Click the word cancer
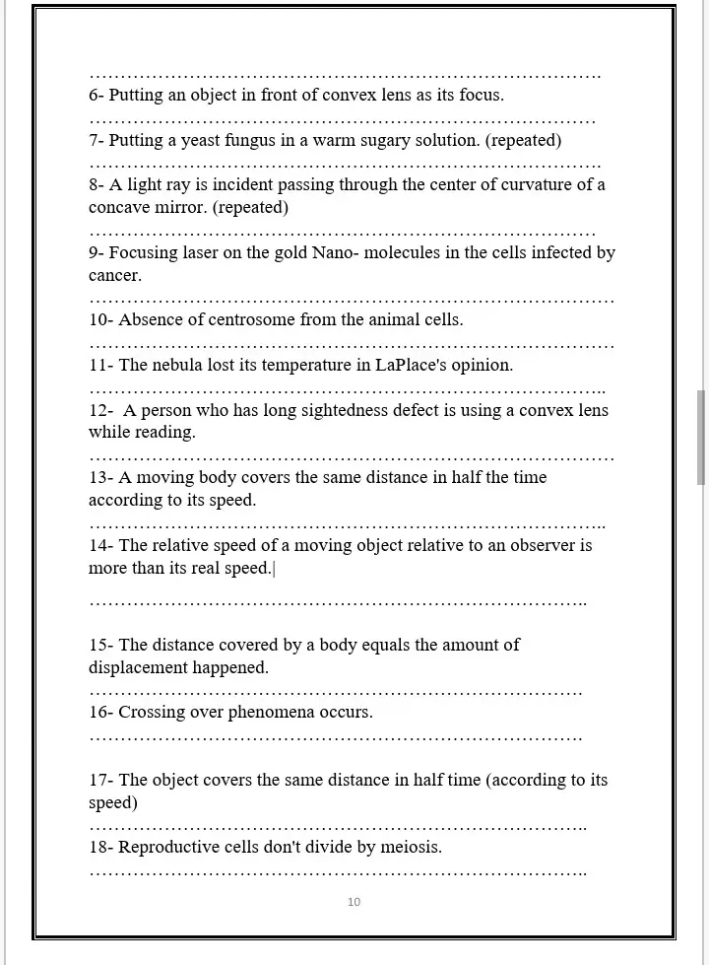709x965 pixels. [114, 276]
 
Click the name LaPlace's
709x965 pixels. [411, 365]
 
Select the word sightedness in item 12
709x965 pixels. [342, 410]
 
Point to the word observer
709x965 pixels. [545, 545]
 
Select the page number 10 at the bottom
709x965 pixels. [354, 902]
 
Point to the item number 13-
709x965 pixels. [101, 478]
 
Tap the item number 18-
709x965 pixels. [101, 847]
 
